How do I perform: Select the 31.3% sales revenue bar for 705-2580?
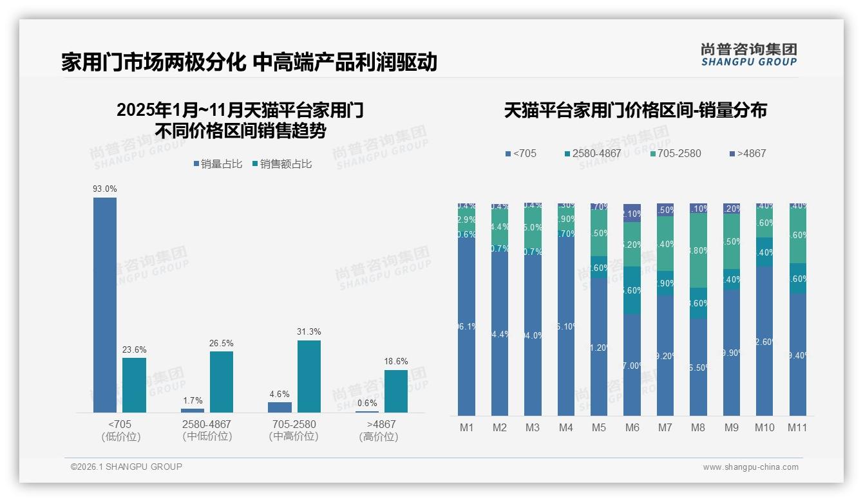pyautogui.click(x=309, y=376)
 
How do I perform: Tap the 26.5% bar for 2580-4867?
pyautogui.click(x=222, y=382)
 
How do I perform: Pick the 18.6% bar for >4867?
pyautogui.click(x=396, y=391)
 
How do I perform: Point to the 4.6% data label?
pyautogui.click(x=280, y=395)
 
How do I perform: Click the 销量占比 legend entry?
pyautogui.click(x=217, y=164)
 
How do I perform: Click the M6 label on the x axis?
pyautogui.click(x=632, y=428)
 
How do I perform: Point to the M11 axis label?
pyautogui.click(x=797, y=428)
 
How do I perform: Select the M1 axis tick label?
pyautogui.click(x=467, y=428)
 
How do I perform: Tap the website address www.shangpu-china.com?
pyautogui.click(x=750, y=467)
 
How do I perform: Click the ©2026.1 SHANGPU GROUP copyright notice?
pyautogui.click(x=126, y=467)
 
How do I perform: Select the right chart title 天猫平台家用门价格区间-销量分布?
pyautogui.click(x=635, y=111)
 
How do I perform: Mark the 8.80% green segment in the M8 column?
pyautogui.click(x=698, y=250)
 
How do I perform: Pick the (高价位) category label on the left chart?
pyautogui.click(x=379, y=437)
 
